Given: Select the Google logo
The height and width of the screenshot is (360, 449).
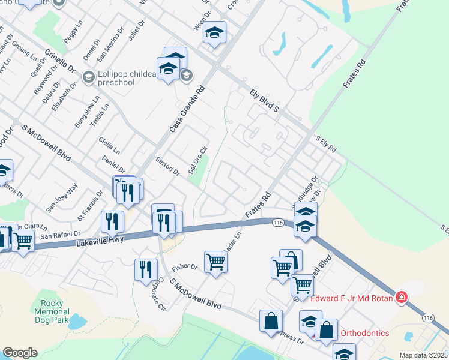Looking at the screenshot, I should point(20,353).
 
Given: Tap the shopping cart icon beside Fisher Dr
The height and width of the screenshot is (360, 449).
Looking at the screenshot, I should point(215,262).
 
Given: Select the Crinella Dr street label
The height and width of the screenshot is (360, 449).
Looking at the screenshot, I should point(60,59).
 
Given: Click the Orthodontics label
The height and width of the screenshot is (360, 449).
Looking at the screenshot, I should point(365,333).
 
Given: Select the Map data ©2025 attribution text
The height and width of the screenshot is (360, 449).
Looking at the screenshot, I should point(423,355).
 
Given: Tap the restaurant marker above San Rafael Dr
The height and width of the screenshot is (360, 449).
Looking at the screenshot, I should point(112,221).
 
